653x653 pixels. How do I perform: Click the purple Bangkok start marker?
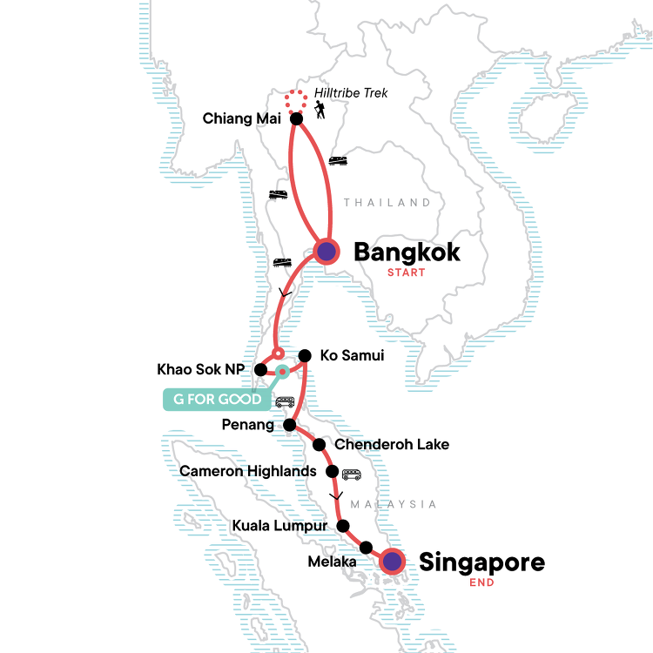pyautogui.click(x=326, y=252)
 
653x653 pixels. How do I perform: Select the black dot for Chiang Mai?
pyautogui.click(x=296, y=118)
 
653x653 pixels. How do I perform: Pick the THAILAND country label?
pyautogui.click(x=387, y=203)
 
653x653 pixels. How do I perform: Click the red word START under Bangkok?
pyautogui.click(x=407, y=273)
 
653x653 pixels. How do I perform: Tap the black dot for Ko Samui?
pyautogui.click(x=305, y=356)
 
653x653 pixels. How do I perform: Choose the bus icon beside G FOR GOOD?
pyautogui.click(x=284, y=402)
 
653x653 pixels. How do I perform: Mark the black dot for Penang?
pyautogui.click(x=291, y=426)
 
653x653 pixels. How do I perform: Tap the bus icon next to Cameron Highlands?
pyautogui.click(x=351, y=475)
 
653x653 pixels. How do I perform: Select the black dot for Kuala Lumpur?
pyautogui.click(x=343, y=526)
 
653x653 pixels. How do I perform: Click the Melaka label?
pyautogui.click(x=332, y=562)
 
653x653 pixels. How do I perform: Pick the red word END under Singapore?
pyautogui.click(x=481, y=582)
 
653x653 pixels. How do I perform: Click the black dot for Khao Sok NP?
pyautogui.click(x=259, y=370)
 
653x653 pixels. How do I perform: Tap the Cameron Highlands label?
pyautogui.click(x=247, y=472)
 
